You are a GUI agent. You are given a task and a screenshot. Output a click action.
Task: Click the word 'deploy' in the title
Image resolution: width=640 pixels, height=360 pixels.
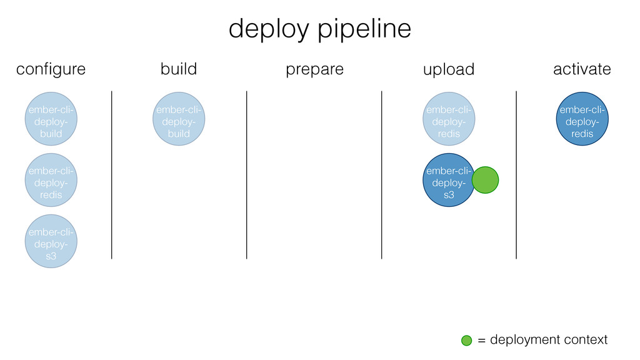[269, 29]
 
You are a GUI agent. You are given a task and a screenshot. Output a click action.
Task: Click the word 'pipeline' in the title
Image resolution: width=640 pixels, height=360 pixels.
[364, 29]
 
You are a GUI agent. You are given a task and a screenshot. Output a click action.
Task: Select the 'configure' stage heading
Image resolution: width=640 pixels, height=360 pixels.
[51, 69]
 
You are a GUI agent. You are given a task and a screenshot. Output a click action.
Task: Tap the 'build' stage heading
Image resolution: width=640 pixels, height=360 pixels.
[179, 69]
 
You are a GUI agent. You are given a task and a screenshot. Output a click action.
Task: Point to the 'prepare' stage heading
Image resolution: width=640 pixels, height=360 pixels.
[315, 70]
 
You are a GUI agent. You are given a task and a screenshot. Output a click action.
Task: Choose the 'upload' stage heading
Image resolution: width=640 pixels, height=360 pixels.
[449, 69]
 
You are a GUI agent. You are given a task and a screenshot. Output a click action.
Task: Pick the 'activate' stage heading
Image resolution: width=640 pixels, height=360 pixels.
[582, 69]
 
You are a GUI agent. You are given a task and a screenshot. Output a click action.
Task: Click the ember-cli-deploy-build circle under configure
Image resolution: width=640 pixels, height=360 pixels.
[51, 119]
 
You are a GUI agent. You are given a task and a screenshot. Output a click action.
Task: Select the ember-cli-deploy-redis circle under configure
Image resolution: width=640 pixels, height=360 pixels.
[51, 180]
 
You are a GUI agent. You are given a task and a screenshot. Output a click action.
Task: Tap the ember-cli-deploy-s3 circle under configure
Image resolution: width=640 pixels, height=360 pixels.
[51, 241]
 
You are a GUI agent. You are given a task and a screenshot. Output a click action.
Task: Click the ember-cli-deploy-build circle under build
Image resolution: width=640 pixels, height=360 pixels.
[179, 119]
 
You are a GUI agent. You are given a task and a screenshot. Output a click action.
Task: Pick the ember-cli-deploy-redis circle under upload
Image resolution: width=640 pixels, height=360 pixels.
[449, 119]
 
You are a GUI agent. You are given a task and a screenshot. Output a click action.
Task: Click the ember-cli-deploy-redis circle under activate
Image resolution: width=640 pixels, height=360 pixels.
[582, 119]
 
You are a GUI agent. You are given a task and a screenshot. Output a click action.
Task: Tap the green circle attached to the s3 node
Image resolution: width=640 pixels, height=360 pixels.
[485, 180]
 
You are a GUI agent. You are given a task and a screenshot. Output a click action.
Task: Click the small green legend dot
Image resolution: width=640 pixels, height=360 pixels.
[466, 341]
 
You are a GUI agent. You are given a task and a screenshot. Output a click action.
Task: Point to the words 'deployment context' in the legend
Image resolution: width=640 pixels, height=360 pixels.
[549, 339]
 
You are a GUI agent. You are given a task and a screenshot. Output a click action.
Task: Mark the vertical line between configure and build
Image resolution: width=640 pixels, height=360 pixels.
[111, 175]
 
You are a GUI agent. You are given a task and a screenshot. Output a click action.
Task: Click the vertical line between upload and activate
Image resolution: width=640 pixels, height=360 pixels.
[516, 175]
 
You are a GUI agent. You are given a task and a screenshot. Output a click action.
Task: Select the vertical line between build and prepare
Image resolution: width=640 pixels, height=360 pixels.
[246, 175]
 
